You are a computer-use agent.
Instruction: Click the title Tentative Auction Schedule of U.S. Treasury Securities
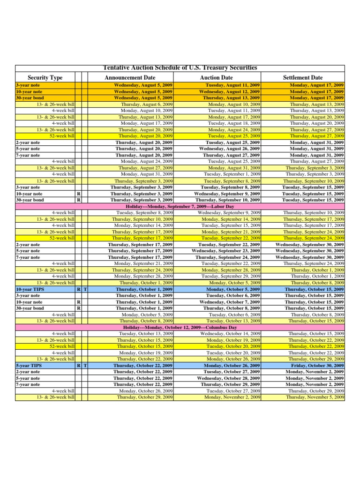pos(180,68)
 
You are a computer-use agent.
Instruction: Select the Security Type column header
pos(45,77)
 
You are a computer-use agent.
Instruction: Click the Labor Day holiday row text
pos(180,206)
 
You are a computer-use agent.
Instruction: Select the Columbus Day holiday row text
pos(180,327)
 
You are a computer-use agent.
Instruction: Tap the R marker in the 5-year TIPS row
pos(78,365)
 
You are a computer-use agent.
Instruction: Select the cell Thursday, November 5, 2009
pos(315,397)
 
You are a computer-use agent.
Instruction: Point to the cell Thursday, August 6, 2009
pos(147,104)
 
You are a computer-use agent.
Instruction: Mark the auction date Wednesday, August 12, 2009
pos(230,92)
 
